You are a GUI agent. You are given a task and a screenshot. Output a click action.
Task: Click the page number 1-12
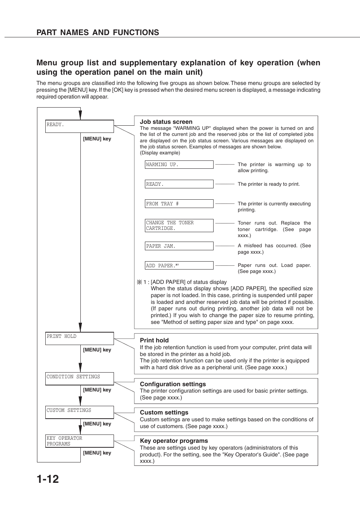pyautogui.click(x=48, y=479)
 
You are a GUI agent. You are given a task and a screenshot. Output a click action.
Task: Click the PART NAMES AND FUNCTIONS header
pyautogui.click(x=98, y=32)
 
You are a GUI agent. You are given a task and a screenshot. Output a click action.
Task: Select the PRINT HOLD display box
pyautogui.click(x=79, y=338)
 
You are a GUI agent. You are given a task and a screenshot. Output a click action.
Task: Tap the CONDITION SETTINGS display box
pyautogui.click(x=79, y=379)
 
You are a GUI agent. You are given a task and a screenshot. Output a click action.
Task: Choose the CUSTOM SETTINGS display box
pyautogui.click(x=79, y=412)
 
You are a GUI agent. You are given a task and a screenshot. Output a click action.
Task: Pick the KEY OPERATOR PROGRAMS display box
pyautogui.click(x=79, y=441)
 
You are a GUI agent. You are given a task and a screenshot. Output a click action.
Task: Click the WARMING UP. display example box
pyautogui.click(x=179, y=165)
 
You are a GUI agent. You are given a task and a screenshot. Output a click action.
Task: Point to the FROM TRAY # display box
pyautogui.click(x=179, y=204)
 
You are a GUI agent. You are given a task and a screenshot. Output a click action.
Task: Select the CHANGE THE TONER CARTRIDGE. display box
pyautogui.click(x=179, y=225)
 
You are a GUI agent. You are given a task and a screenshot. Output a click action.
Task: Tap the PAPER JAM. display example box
pyautogui.click(x=179, y=246)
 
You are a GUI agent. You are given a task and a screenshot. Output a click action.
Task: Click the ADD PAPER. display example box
pyautogui.click(x=179, y=265)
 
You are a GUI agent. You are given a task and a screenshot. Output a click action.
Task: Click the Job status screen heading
pyautogui.click(x=166, y=122)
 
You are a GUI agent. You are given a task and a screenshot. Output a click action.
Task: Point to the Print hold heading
pyautogui.click(x=154, y=340)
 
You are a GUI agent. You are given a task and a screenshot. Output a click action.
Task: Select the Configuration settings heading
pyautogui.click(x=173, y=384)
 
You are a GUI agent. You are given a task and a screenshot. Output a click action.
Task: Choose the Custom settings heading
pyautogui.click(x=164, y=413)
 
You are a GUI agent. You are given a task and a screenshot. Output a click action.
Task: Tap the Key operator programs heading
pyautogui.click(x=174, y=441)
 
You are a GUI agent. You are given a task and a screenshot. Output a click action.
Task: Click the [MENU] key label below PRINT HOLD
pyautogui.click(x=97, y=350)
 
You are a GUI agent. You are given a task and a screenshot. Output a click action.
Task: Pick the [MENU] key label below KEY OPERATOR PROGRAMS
pyautogui.click(x=97, y=453)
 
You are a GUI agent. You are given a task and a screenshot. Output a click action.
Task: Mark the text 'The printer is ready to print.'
pyautogui.click(x=269, y=184)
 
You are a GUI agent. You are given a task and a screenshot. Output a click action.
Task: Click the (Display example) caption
pyautogui.click(x=160, y=153)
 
